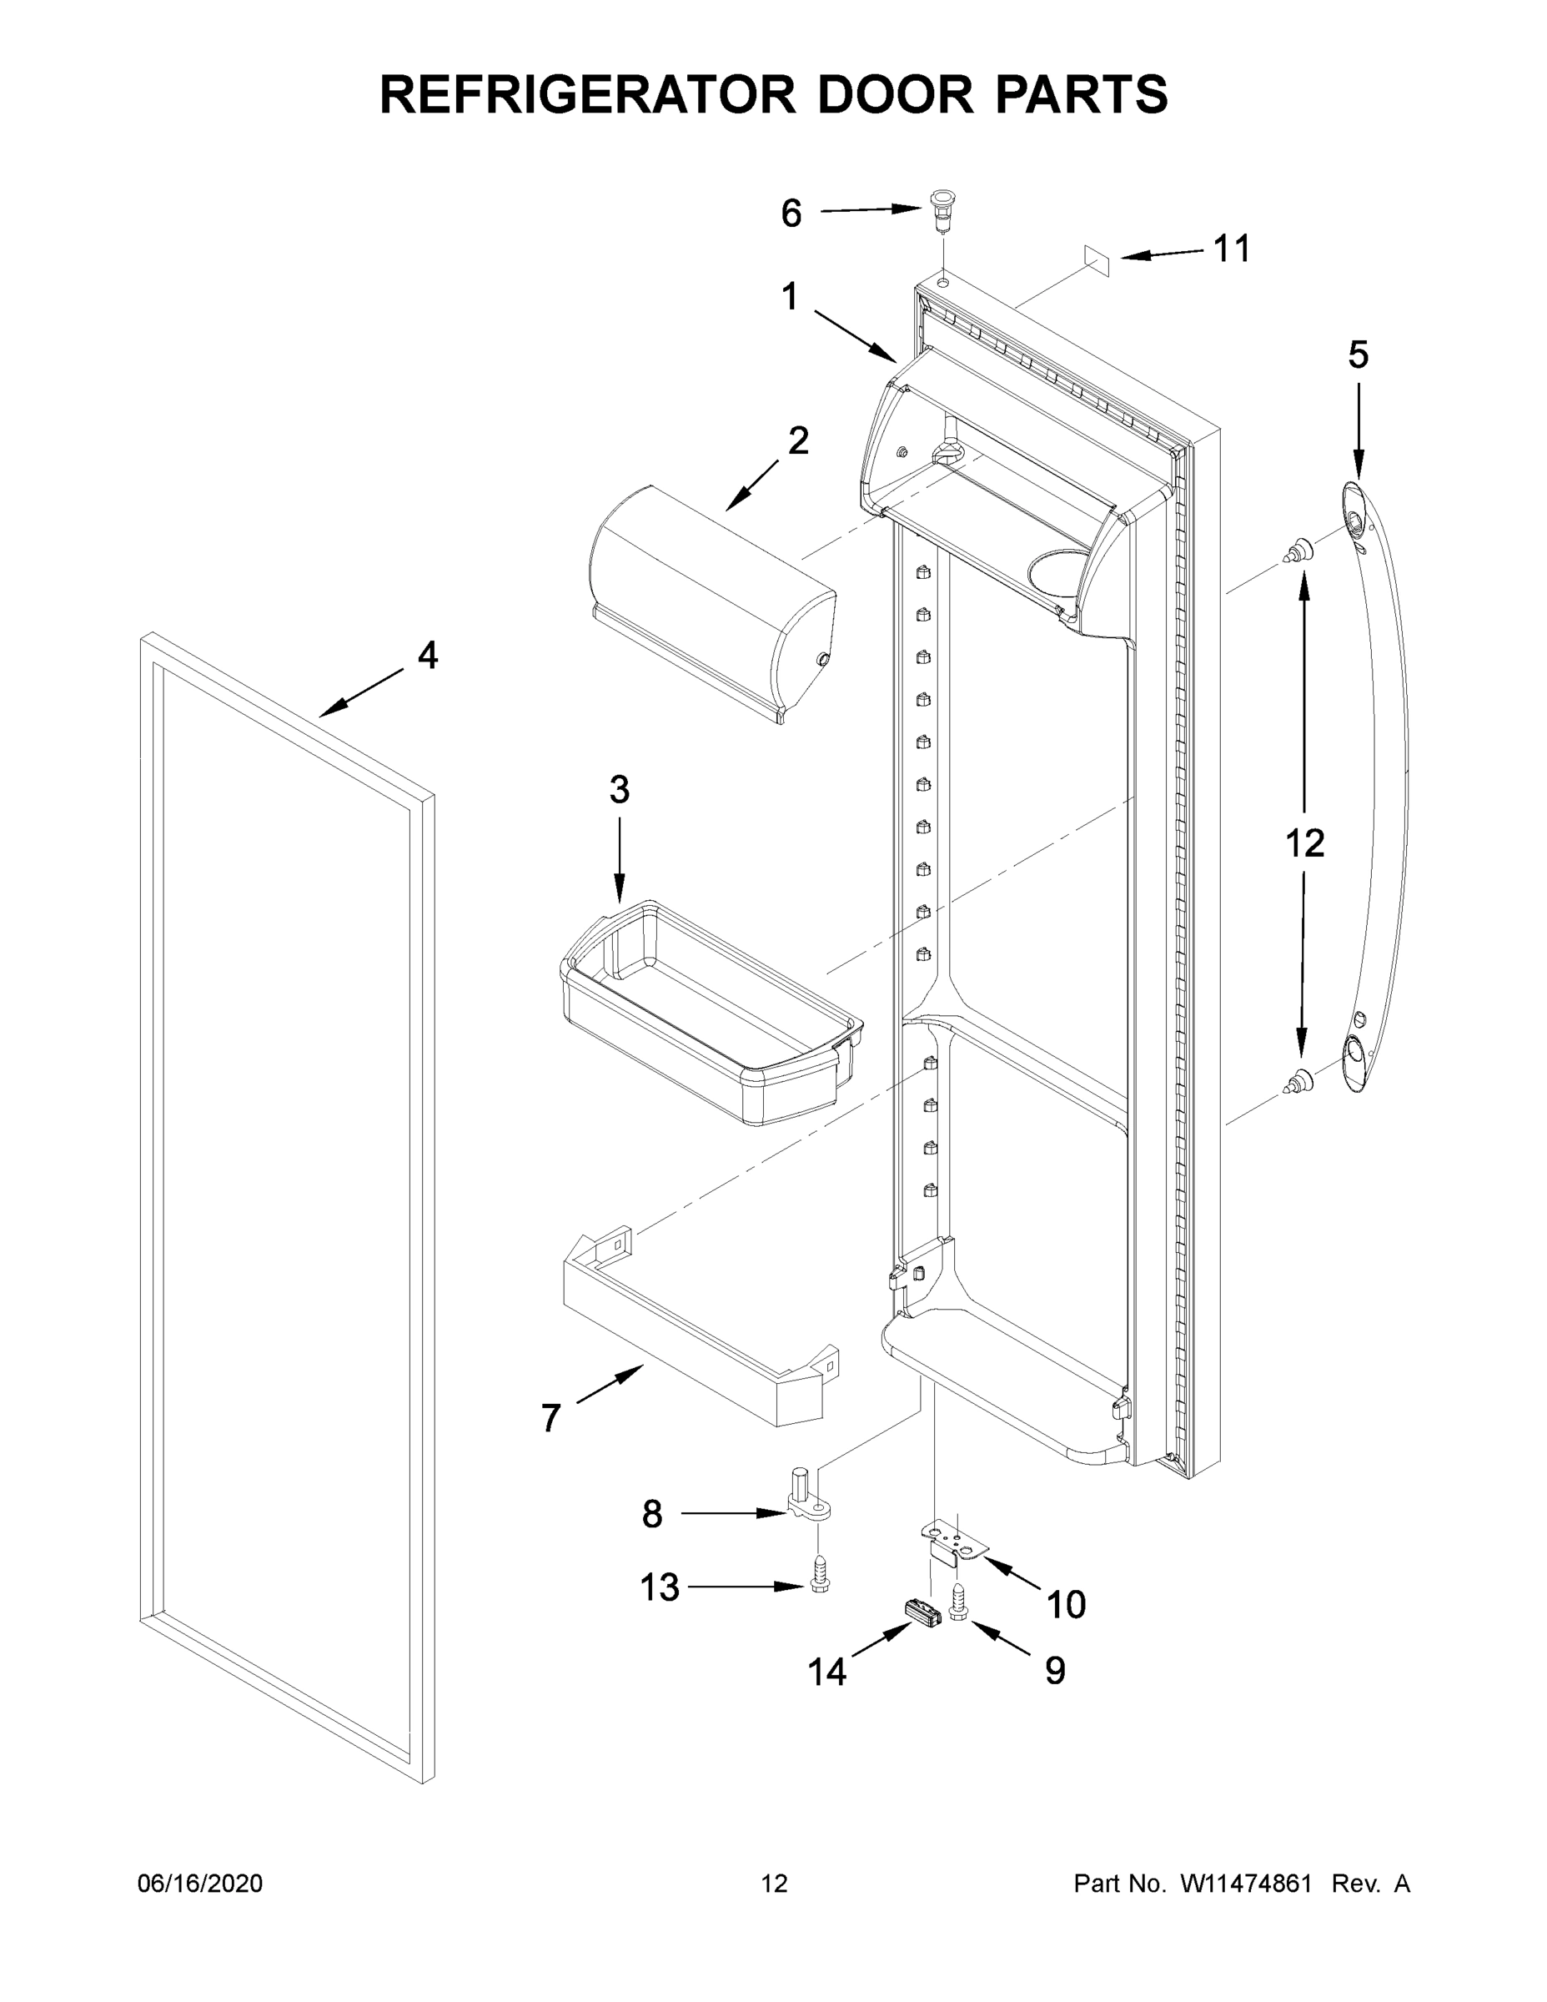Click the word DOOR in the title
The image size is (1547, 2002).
pos(896,94)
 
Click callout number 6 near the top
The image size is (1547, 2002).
pos(791,214)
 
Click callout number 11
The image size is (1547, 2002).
pos(1232,249)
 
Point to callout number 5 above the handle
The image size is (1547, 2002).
pos(1358,355)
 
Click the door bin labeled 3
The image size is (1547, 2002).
pos(711,1013)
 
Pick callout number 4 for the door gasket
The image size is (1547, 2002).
pos(427,656)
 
